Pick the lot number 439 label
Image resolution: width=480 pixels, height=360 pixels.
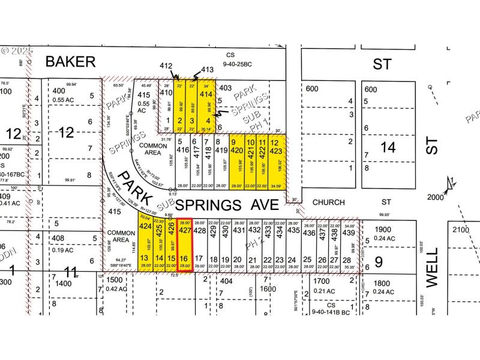[349, 232]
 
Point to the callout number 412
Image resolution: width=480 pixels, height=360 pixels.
[167, 66]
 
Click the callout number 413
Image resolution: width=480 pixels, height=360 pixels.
[208, 70]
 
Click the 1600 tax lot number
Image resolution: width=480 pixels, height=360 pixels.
[267, 289]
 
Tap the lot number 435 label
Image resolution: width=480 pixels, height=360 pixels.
[293, 230]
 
